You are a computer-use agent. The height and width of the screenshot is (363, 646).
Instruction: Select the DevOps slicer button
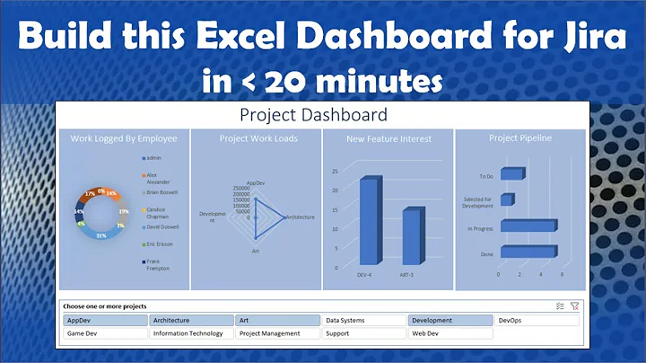click(537, 320)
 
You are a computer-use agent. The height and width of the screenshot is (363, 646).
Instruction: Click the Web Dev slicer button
click(451, 333)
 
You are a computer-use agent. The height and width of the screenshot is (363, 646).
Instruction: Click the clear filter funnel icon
click(574, 306)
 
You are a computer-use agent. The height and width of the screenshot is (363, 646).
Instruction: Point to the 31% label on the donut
click(101, 235)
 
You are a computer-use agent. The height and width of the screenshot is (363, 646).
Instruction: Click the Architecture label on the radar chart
click(300, 217)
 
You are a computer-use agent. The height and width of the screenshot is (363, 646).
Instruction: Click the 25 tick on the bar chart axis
click(334, 171)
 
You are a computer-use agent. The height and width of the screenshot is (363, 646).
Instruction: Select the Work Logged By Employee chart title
click(124, 138)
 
